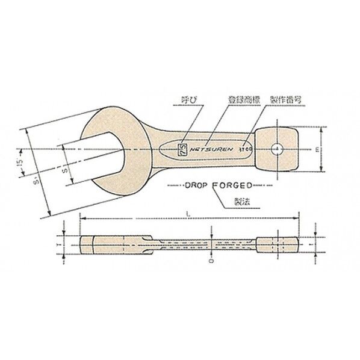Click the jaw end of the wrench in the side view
[x=102, y=245]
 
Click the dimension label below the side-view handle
[x=212, y=262]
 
